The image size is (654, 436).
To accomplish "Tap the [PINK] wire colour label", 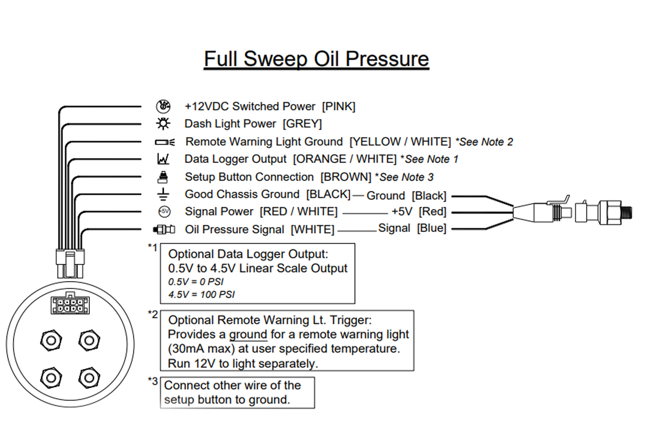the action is click(338, 107).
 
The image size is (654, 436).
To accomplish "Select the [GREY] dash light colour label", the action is click(302, 124).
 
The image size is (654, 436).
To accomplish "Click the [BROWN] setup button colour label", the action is click(346, 177).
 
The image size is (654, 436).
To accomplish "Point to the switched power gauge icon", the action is click(163, 106).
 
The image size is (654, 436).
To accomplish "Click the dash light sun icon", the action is click(163, 124).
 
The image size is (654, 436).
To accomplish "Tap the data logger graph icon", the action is click(163, 159).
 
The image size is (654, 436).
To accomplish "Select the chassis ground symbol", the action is click(163, 194).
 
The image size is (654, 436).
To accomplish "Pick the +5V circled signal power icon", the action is click(164, 212).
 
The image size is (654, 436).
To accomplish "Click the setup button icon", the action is click(163, 177).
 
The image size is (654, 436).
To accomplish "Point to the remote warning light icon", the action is click(165, 142).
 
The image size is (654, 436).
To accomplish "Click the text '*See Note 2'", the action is click(484, 142).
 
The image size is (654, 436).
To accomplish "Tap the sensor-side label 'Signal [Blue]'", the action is click(412, 228).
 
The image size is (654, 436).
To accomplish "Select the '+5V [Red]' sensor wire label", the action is click(419, 212).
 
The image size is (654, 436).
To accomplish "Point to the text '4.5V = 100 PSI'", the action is click(201, 295).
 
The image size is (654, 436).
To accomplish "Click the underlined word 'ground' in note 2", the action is click(248, 335).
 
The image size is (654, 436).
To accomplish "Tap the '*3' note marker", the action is click(153, 381).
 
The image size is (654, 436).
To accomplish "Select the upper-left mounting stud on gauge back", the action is click(51, 340).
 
